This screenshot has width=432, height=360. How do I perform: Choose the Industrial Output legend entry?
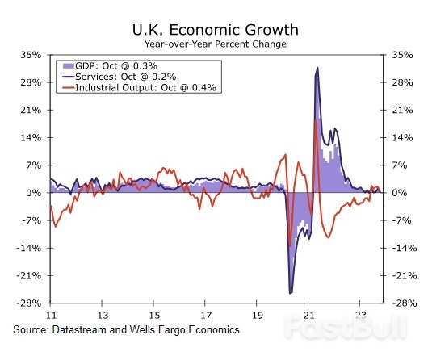[141, 86]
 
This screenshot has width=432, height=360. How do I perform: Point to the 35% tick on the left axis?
[31, 55]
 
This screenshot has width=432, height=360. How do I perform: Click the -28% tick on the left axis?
[29, 303]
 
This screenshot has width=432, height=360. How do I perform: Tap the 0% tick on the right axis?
[401, 193]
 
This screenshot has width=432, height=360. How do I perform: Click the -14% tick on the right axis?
[405, 249]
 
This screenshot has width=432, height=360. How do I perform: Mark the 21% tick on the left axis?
[31, 111]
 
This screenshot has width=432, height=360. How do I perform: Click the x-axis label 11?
[51, 315]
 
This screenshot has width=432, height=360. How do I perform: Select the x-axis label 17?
[206, 315]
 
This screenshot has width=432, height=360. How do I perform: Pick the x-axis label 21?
[309, 315]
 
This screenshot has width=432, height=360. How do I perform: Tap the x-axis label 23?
[361, 315]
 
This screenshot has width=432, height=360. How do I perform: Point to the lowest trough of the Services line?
[291, 292]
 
